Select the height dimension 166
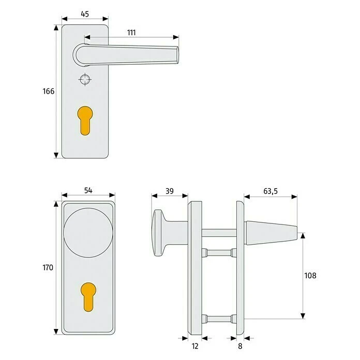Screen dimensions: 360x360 [48, 92]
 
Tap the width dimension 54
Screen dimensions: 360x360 [87, 190]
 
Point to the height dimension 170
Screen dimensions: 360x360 [48, 268]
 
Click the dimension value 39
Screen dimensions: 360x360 [169, 191]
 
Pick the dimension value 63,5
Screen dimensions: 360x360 [270, 191]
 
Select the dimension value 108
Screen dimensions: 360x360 [310, 275]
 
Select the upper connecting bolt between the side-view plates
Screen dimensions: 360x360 [217, 252]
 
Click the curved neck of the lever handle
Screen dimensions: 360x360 [79, 54]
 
